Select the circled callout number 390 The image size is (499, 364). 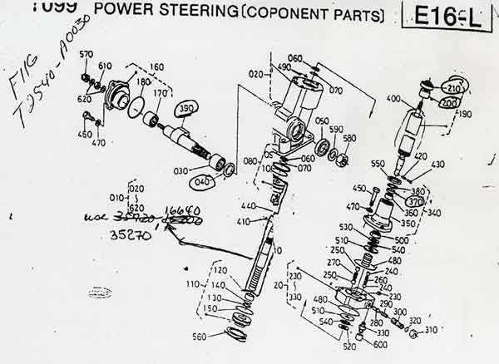(188, 110)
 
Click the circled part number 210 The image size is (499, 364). (454, 87)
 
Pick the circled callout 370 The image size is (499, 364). (414, 200)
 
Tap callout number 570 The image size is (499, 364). (86, 55)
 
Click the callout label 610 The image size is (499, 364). (105, 66)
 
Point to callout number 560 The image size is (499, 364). (220, 337)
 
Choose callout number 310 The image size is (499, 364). (431, 331)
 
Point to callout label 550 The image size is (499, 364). (378, 164)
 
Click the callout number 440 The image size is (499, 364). (247, 205)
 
